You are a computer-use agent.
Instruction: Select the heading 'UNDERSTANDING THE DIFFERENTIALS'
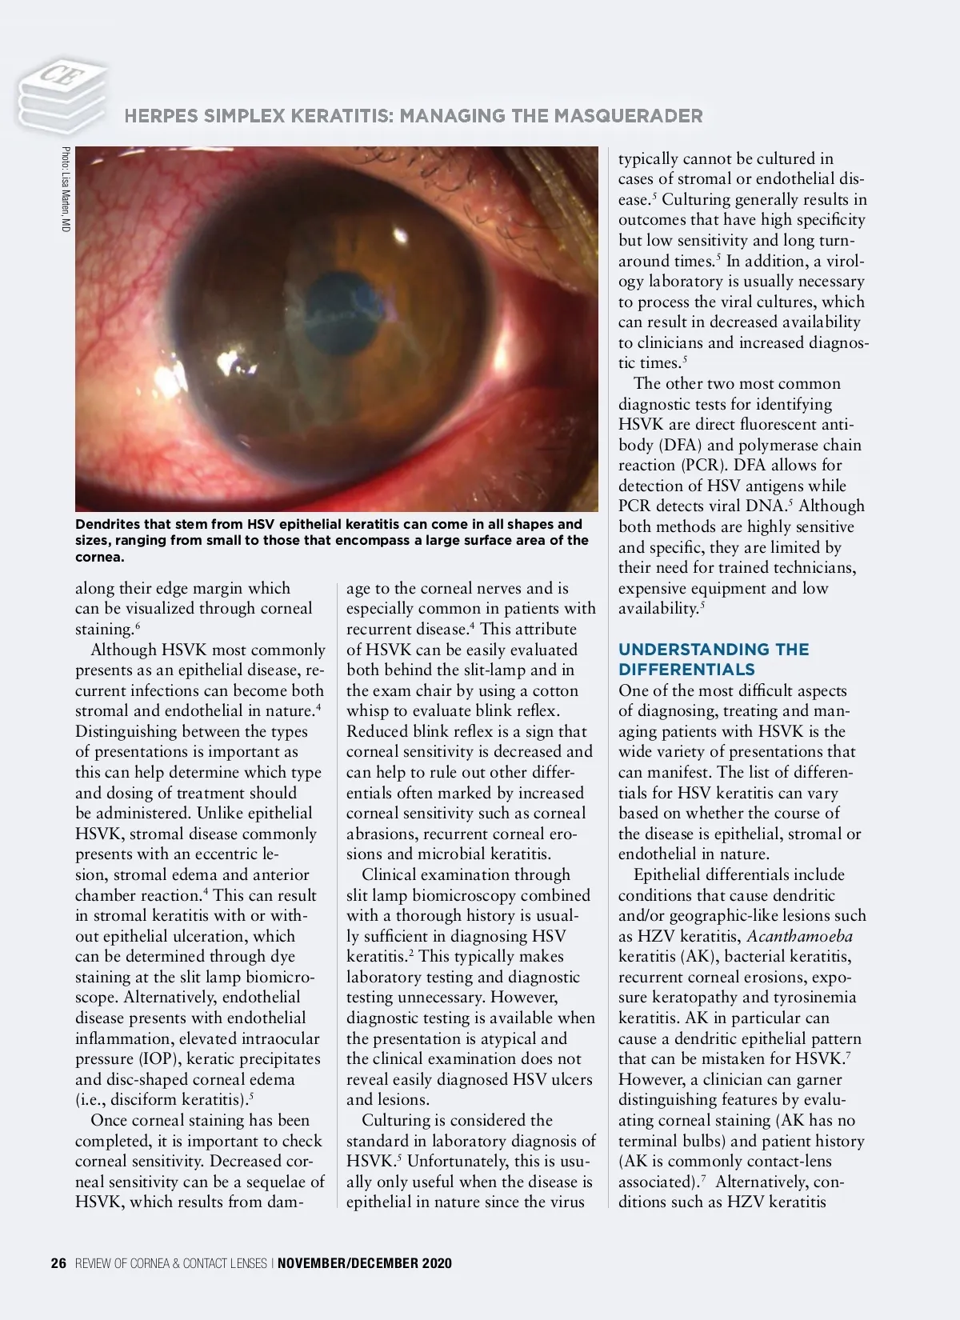click(x=714, y=659)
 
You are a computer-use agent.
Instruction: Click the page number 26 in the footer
click(x=58, y=1263)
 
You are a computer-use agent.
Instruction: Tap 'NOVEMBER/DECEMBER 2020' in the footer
click(x=365, y=1263)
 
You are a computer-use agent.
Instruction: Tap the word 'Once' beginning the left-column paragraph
click(x=110, y=1120)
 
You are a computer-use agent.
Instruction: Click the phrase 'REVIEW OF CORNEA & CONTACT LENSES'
click(x=171, y=1263)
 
